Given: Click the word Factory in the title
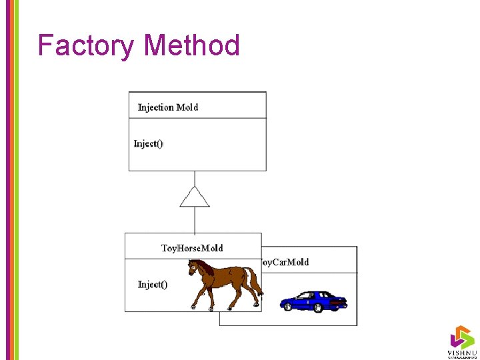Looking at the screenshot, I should click(86, 45).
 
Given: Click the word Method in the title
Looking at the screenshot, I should click(192, 45).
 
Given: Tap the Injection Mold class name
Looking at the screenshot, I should click(167, 107).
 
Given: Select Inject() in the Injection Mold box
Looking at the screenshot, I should click(149, 143).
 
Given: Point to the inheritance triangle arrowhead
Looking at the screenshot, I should click(195, 197).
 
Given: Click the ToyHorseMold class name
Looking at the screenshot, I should click(192, 248).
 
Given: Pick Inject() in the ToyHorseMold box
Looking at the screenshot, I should click(153, 285).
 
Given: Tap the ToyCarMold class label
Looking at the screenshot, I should click(284, 262).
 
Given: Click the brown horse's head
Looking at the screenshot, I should click(194, 268).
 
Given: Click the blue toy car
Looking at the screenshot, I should click(313, 301).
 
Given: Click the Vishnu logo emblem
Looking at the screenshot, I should click(461, 337).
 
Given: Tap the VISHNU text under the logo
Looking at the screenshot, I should click(461, 352).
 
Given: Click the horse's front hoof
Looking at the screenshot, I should click(193, 307).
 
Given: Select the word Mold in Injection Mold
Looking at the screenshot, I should click(187, 107).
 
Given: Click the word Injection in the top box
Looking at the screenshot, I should click(155, 107).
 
